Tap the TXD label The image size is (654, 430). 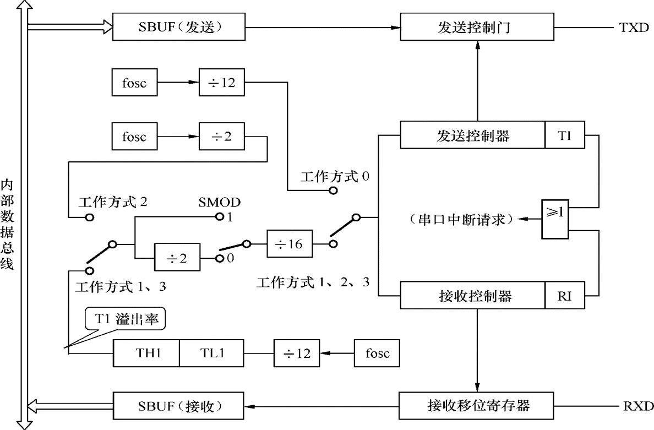point(634,28)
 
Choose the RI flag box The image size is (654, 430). point(565,297)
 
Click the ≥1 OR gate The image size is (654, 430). point(555,219)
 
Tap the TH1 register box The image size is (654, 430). point(146,353)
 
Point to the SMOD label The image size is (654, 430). point(219,202)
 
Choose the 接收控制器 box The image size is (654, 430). point(472,297)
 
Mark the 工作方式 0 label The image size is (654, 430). point(335,177)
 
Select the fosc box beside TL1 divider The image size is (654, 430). point(377,353)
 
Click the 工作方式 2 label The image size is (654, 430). point(113,202)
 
